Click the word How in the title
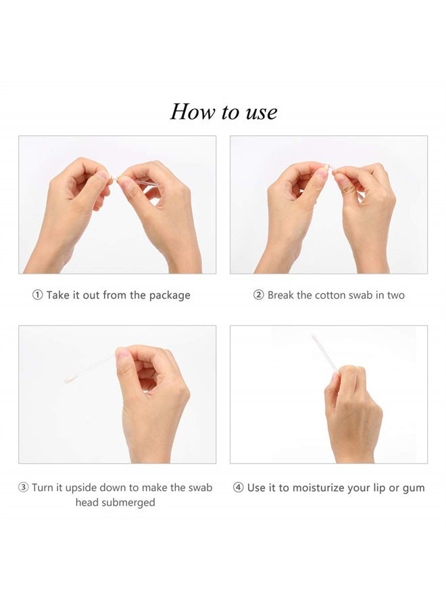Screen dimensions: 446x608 tap(193, 111)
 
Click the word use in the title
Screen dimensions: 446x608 tap(262, 113)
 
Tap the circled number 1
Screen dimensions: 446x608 tap(37, 295)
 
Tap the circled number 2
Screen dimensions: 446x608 tap(259, 295)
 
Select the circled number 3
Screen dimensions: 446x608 tap(24, 487)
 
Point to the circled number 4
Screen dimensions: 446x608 tap(239, 487)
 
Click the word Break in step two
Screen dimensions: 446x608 tap(280, 295)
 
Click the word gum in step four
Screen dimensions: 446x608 tap(414, 489)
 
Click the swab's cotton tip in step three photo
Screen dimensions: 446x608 tap(68, 377)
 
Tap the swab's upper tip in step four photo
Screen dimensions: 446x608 tap(313, 335)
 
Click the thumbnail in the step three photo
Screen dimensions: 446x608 tap(122, 353)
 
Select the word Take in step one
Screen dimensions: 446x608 tap(58, 295)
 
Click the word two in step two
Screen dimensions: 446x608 tap(396, 295)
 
